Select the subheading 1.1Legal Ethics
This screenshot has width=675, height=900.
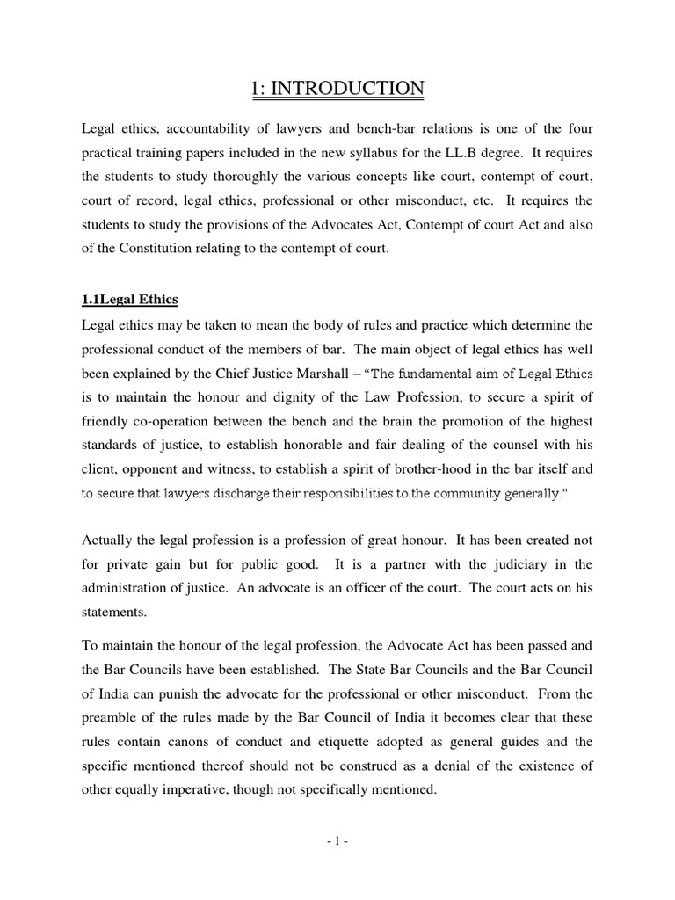[129, 300]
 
